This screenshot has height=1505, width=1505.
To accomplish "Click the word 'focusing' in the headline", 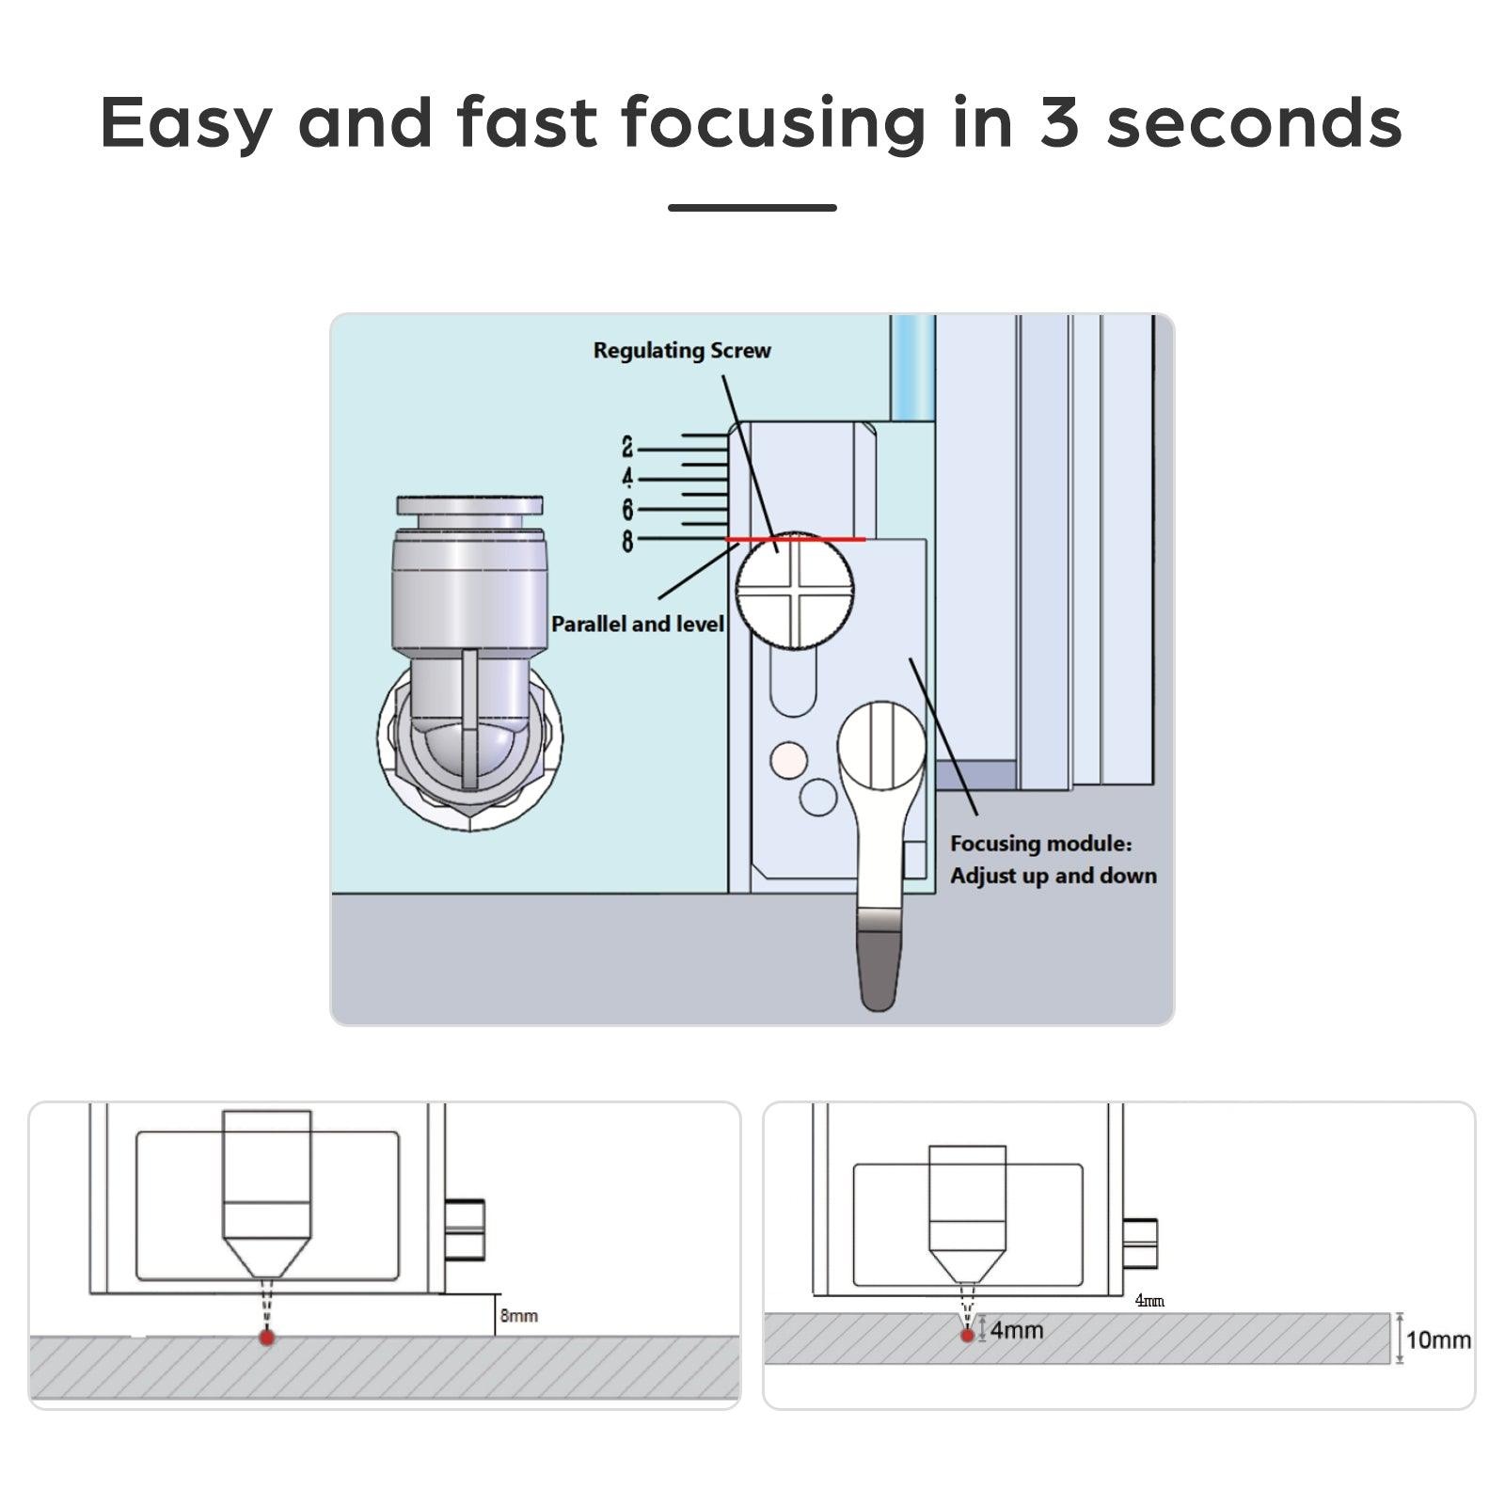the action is click(773, 123).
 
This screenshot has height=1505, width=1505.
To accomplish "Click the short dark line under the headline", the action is click(752, 207).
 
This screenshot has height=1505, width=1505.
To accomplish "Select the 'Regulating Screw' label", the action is click(682, 351).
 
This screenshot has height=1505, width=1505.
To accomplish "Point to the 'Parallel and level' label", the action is click(638, 624).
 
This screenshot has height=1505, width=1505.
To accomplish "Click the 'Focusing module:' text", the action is click(1041, 844).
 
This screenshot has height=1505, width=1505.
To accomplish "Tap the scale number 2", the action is click(627, 448).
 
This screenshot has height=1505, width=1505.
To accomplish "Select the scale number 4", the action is click(627, 479).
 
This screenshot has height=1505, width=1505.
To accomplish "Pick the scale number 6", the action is click(627, 510).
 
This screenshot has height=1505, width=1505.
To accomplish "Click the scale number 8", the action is click(627, 541).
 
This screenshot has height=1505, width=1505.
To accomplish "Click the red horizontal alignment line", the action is click(796, 540).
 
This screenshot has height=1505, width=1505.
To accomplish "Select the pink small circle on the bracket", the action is click(788, 759).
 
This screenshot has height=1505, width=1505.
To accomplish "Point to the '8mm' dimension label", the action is click(519, 1315).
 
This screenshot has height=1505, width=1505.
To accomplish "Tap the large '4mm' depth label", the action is click(1017, 1330).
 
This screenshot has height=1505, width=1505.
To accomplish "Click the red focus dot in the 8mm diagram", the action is click(267, 1337).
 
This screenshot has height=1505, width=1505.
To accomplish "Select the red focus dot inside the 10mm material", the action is click(967, 1335).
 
